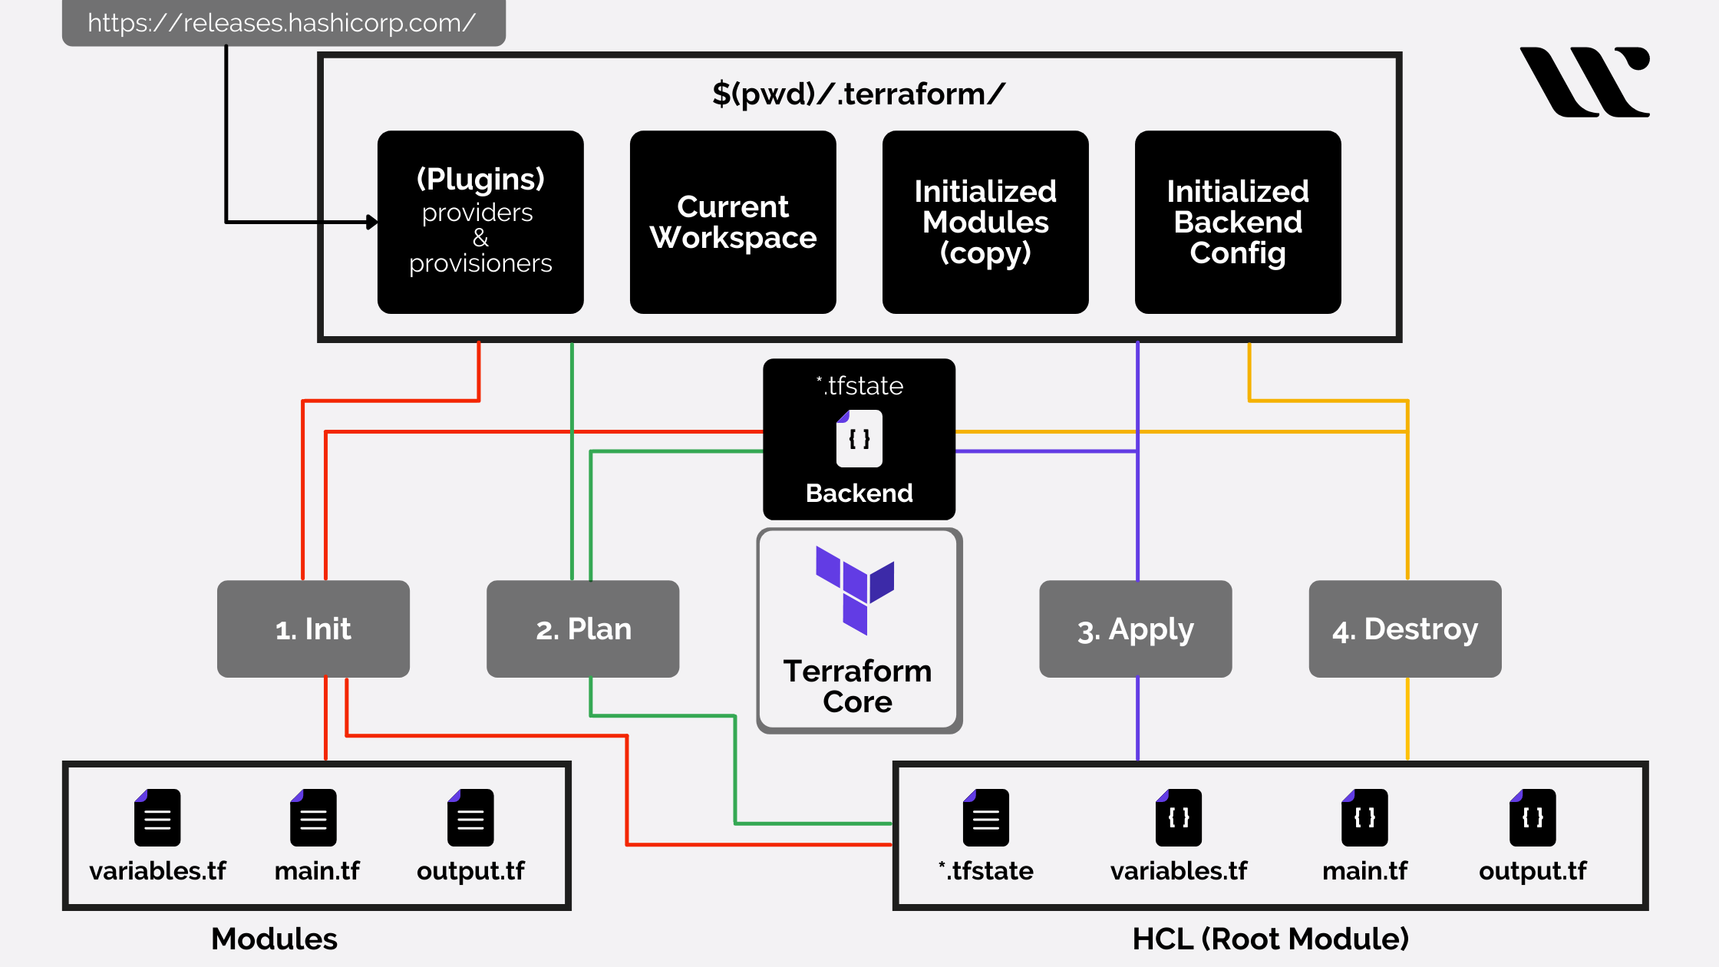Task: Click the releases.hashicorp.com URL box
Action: coord(283,23)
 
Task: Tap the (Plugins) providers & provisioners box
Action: coord(480,222)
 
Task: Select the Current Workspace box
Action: coord(733,222)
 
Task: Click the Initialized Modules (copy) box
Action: coord(985,222)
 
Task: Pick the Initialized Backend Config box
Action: coord(1238,222)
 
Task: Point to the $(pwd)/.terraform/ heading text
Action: coord(858,94)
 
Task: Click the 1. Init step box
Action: coord(313,629)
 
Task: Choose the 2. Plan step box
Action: coord(582,629)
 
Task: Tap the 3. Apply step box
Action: coord(1135,629)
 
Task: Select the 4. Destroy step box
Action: coord(1404,629)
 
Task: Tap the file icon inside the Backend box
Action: coord(859,438)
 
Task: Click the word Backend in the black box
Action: coord(859,493)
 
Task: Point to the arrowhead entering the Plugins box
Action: coord(373,222)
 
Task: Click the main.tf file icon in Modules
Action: coord(313,817)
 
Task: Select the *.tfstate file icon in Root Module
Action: coord(986,817)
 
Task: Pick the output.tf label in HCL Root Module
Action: coord(1533,871)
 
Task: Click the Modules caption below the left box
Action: coord(274,939)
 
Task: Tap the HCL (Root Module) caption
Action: coord(1270,939)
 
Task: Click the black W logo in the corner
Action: coord(1585,81)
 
